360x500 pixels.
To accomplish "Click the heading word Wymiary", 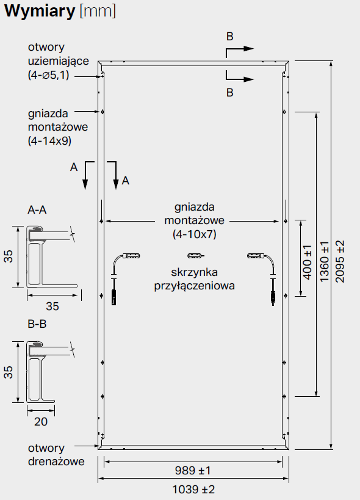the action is pos(40,11).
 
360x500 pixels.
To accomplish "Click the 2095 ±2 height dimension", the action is pos(340,261).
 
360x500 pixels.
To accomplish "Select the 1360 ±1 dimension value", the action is pos(324,261).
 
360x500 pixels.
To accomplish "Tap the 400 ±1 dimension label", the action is pos(307,263).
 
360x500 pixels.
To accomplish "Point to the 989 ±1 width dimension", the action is pos(193,471).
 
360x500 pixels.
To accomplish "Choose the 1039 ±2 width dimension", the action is pos(193,489).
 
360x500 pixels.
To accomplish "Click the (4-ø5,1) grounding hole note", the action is pos(48,75).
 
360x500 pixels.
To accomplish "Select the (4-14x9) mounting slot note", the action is pos(49,140).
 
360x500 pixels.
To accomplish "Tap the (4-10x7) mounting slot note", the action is pos(195,234).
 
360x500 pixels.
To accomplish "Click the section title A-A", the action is pos(37,210).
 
